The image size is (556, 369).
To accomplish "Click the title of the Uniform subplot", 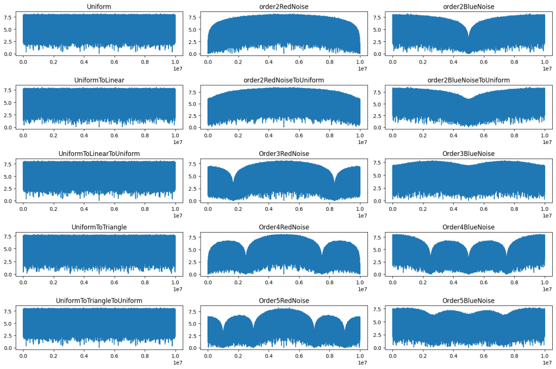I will pos(99,7).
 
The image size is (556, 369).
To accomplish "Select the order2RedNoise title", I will pos(284,7).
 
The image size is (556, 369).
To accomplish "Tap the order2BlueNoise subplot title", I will pos(468,7).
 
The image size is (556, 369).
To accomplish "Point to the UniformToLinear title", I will pos(99,80).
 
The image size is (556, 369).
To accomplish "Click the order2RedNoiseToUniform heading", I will pos(284,80).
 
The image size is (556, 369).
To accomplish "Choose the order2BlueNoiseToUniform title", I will pos(468,80).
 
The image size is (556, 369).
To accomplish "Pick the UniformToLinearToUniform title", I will pos(99,154).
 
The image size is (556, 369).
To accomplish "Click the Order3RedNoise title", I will pos(284,154).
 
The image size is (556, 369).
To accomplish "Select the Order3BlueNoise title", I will pos(468,154).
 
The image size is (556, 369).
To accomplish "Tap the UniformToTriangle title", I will pos(99,227).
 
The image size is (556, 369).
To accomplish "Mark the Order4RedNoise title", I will pos(284,227).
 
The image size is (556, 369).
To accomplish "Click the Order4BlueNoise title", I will pos(468,227).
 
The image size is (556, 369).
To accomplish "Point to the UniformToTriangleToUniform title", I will pos(99,301).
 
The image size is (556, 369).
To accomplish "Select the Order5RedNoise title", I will pos(284,301).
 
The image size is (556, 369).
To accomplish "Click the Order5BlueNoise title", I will pos(468,301).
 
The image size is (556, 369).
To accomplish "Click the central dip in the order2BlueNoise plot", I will pos(468,37).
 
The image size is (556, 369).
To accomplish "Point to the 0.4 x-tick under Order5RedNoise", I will pos(268,356).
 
